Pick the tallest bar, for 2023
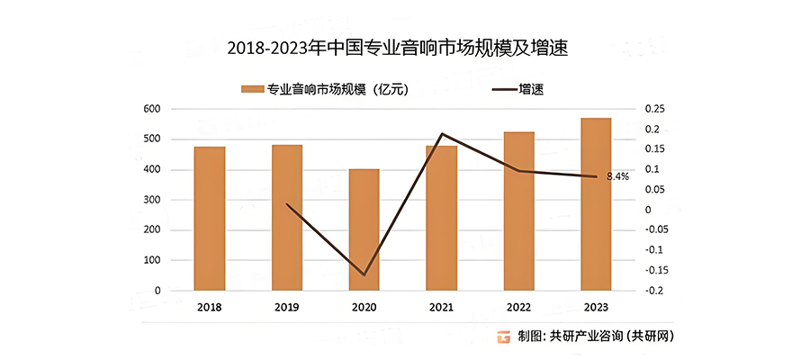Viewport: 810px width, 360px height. [x=596, y=204]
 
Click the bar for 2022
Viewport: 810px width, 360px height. [x=518, y=211]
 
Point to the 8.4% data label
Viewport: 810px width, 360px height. [x=617, y=176]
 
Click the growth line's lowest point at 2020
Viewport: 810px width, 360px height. [x=364, y=274]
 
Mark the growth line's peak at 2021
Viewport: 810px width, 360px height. [x=442, y=134]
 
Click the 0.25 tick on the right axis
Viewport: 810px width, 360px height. [x=654, y=109]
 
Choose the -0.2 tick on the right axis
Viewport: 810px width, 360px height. [x=654, y=291]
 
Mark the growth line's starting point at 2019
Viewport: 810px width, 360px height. [x=287, y=204]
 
